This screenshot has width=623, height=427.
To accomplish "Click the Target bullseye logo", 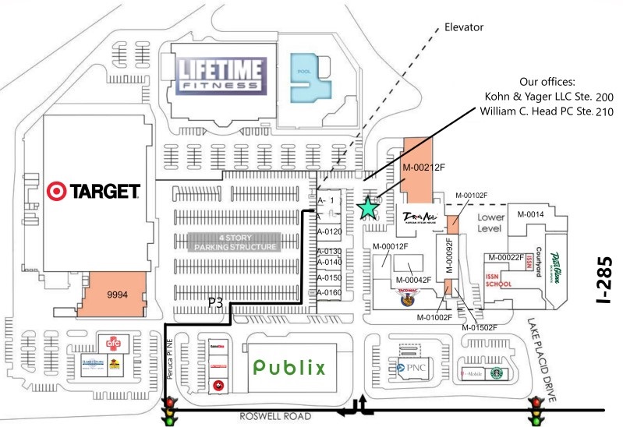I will [56, 189].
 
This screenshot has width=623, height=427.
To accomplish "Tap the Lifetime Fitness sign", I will [220, 76].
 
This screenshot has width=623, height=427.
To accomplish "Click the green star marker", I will [367, 206].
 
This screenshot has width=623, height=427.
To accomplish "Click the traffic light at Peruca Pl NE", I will [168, 410].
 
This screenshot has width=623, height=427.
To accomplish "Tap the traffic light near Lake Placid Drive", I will [536, 410].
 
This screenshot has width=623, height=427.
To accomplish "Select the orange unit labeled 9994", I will [116, 295].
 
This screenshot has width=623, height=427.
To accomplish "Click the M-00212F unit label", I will [423, 167].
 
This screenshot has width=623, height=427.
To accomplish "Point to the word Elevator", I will [464, 27].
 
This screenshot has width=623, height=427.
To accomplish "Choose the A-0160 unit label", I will [330, 293].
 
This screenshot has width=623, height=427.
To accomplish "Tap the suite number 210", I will [604, 113].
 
